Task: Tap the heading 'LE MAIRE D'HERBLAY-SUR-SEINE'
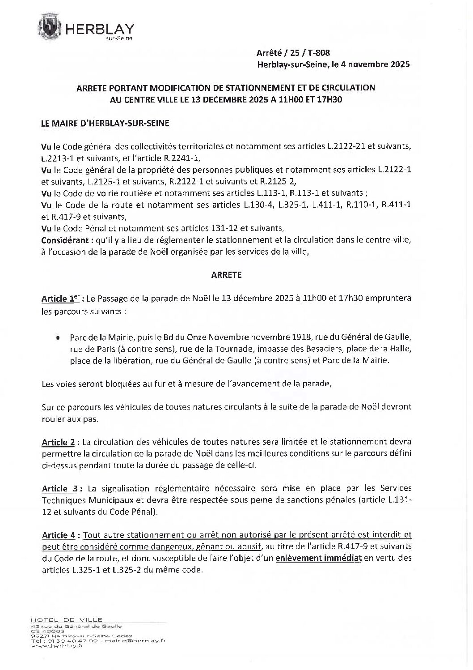pyautogui.click(x=105, y=123)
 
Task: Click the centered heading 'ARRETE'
pyautogui.click(x=226, y=275)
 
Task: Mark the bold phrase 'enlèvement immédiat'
pyautogui.click(x=318, y=558)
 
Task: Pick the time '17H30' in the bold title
pyautogui.click(x=327, y=99)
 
